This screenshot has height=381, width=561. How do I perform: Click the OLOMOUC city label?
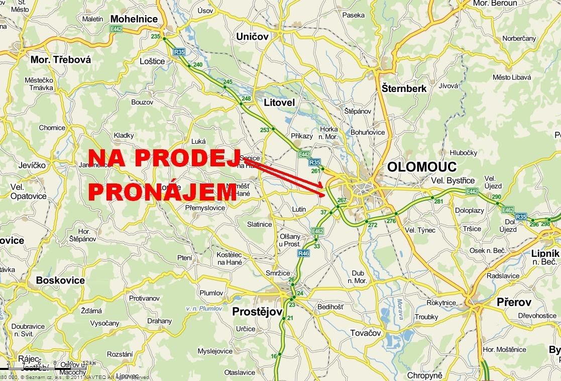(x=422, y=167)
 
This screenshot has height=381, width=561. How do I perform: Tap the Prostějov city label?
(x=257, y=312)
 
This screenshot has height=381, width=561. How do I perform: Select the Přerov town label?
(x=514, y=302)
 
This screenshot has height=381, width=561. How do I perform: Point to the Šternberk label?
(x=404, y=88)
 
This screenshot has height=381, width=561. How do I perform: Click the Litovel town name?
(x=279, y=103)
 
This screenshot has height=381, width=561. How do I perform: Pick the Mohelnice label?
(x=134, y=19)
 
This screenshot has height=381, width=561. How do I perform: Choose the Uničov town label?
(x=253, y=36)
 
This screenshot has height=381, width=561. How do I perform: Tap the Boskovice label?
(x=60, y=280)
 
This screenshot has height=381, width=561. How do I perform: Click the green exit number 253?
(x=265, y=130)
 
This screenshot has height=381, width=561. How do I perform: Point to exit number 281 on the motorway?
(x=438, y=202)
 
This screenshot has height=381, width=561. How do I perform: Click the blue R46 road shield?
(x=303, y=253)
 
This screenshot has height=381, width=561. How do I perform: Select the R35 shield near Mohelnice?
(x=179, y=51)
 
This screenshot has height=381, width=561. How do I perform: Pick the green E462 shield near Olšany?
(x=317, y=231)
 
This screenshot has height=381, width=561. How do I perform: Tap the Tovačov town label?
(x=366, y=333)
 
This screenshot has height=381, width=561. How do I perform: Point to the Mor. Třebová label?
(x=61, y=60)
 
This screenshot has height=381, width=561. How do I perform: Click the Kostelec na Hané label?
(x=230, y=258)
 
